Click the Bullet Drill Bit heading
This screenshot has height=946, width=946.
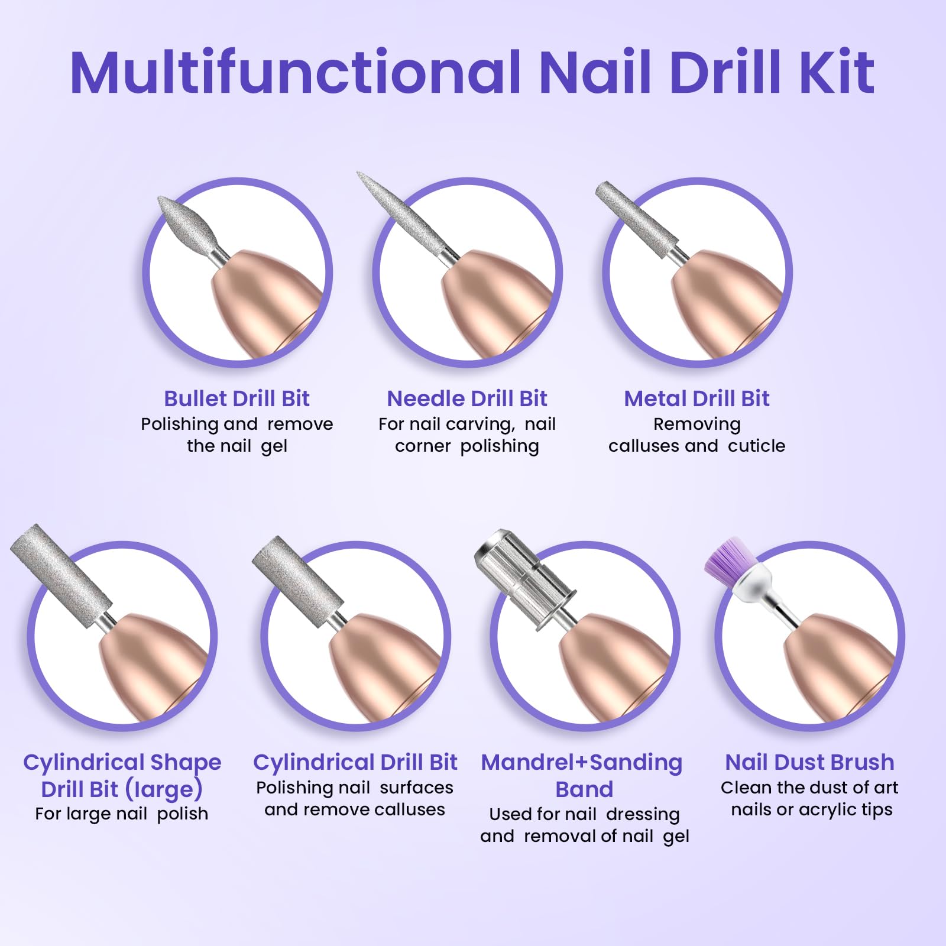click(x=237, y=399)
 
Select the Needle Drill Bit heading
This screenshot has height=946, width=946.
click(x=467, y=399)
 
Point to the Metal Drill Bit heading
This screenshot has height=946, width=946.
click(x=697, y=399)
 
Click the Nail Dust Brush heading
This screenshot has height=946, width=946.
click(x=809, y=762)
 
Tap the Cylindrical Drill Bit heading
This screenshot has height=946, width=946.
click(x=355, y=763)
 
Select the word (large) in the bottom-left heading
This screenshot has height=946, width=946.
click(x=164, y=789)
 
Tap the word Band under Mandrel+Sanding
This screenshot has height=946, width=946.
click(x=584, y=789)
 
